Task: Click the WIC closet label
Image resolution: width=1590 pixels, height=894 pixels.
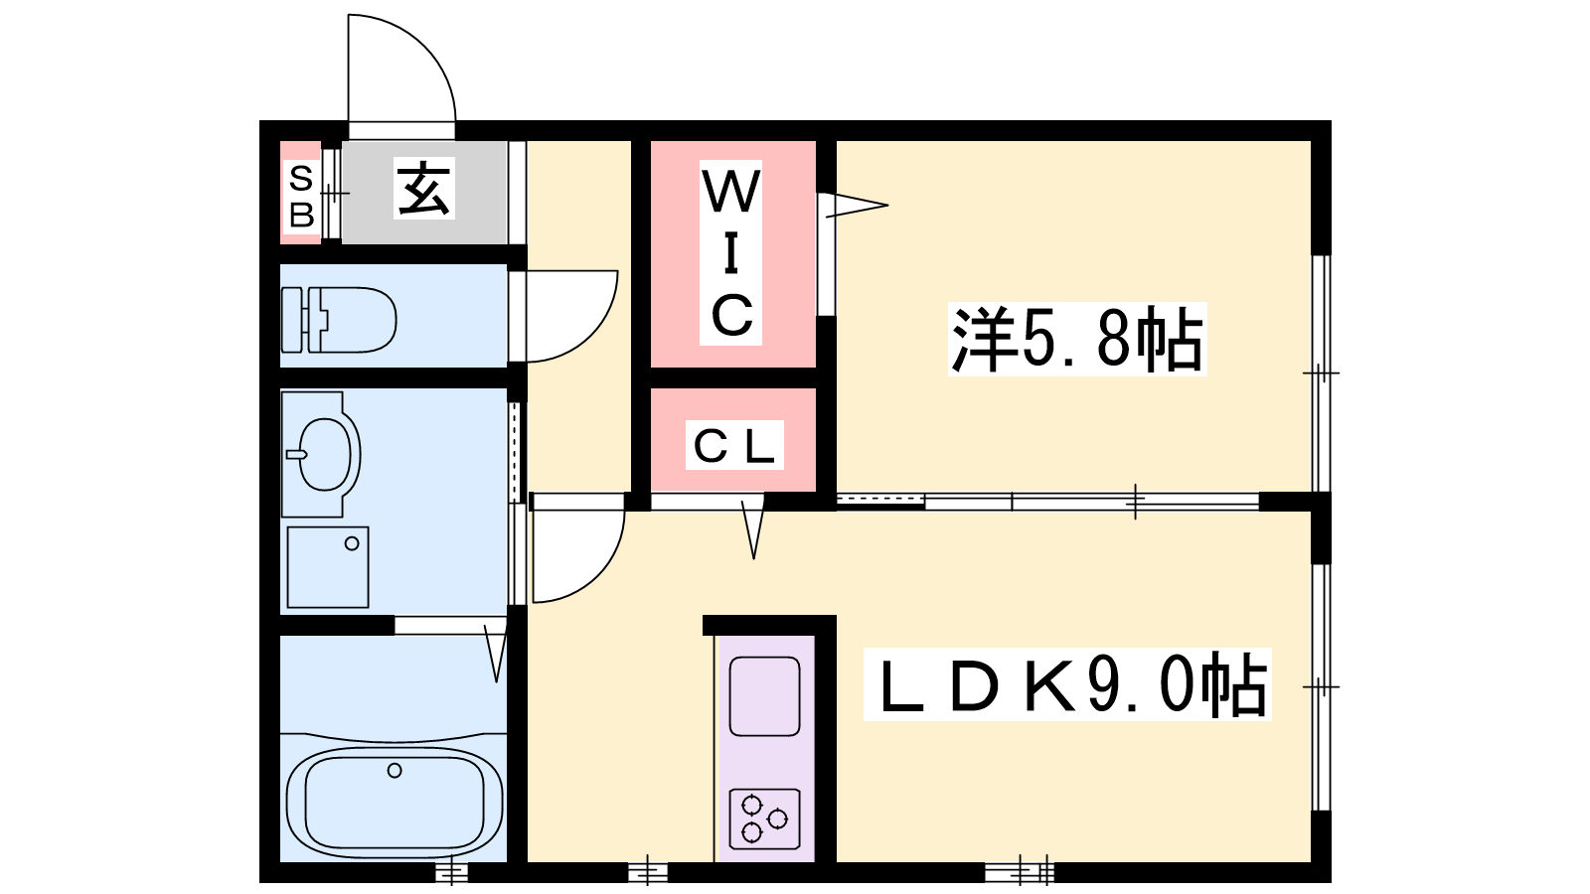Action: [x=730, y=253]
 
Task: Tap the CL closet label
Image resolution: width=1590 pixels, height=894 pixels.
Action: [x=734, y=446]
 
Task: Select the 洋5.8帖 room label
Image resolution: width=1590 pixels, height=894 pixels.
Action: [x=1077, y=339]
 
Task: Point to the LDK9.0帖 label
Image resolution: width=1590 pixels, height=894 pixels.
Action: [x=1067, y=684]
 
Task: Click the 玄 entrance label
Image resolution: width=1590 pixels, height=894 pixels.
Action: [x=423, y=188]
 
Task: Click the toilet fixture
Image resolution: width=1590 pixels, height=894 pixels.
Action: [x=339, y=319]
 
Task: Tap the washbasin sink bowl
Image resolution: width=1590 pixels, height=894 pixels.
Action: [x=325, y=454]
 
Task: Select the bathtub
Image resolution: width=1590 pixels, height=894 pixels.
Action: [x=395, y=798]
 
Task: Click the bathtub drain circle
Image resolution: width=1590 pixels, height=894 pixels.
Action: [x=395, y=771]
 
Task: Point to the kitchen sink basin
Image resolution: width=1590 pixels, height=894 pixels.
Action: [x=764, y=696]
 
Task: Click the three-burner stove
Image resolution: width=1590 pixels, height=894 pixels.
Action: [x=764, y=819]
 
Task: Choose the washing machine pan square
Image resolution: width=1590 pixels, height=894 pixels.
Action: [x=328, y=567]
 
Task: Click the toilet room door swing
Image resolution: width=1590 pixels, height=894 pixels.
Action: [x=592, y=334]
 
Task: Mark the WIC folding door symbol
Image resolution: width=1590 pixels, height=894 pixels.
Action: [x=856, y=206]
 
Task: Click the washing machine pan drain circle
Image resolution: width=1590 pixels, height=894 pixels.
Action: [x=352, y=544]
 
